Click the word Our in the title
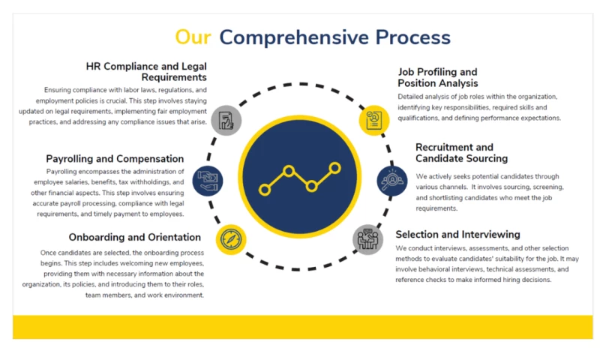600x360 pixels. (x=193, y=37)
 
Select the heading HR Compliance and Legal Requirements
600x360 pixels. (x=146, y=72)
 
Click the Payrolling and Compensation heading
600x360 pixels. (x=115, y=159)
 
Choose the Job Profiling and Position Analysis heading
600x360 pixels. (x=437, y=78)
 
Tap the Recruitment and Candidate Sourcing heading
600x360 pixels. (x=461, y=153)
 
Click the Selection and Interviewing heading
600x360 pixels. (x=457, y=235)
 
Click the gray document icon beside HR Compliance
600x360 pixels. (x=226, y=120)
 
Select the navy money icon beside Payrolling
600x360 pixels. (x=207, y=181)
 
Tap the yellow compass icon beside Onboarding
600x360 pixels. (x=231, y=239)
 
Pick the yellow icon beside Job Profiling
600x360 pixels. (x=374, y=120)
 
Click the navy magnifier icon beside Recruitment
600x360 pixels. (x=391, y=181)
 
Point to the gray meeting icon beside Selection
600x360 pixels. (x=367, y=239)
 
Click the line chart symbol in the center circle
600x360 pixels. (x=299, y=179)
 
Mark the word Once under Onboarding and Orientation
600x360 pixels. (x=49, y=253)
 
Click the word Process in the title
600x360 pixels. (x=413, y=37)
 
